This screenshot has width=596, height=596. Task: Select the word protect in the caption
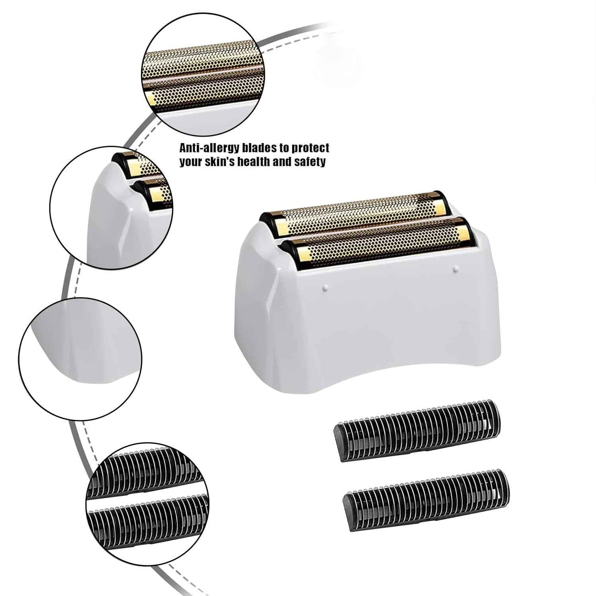(311, 148)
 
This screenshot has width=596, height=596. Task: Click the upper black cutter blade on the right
(417, 429)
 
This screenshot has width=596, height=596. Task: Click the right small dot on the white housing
(455, 269)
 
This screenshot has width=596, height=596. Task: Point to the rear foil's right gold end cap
(440, 204)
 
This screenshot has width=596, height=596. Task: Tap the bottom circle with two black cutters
(147, 504)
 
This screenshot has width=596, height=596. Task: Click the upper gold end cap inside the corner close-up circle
(134, 167)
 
